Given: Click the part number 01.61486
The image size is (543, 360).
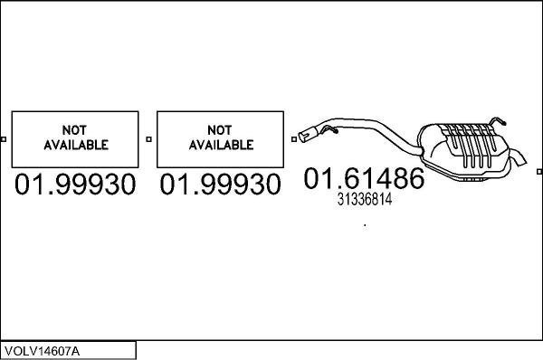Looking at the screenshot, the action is coord(363,178).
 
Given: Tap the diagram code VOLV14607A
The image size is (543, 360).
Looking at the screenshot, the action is coord(41,350).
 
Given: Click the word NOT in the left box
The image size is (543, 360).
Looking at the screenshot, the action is coord(75,129).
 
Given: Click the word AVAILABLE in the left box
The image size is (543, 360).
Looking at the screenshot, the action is coord(75,145).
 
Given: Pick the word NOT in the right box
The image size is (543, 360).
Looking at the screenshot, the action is coord(220,129).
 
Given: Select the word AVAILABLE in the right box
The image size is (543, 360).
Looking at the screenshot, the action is coord(220,145).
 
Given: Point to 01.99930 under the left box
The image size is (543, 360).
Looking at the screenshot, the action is coord(75,185).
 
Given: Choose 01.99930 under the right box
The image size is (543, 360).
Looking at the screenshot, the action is coord(220,185).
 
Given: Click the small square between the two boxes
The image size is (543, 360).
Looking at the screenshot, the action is coord(148,139).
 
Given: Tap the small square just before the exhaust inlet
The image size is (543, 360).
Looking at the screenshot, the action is coord(294,139).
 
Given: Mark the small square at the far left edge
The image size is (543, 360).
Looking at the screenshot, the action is coord(4,139).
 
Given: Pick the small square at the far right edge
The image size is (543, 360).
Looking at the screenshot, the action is coord(539,139).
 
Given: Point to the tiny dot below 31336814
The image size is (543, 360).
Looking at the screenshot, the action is coord(365,225).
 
